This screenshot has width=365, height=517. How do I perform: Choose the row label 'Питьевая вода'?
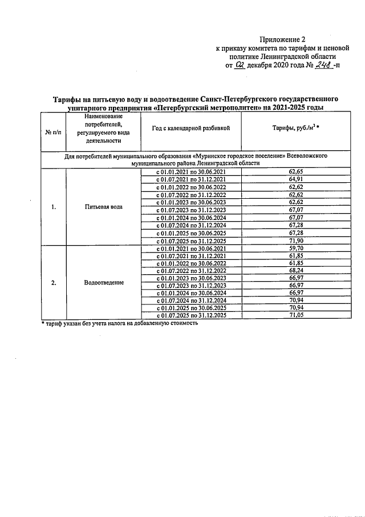coord(103,207)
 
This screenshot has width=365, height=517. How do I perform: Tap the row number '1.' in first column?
coord(53,207)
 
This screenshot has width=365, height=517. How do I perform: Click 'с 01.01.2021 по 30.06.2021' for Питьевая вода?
coord(191,172)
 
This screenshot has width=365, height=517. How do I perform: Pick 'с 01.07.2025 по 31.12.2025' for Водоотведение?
coord(191,316)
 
